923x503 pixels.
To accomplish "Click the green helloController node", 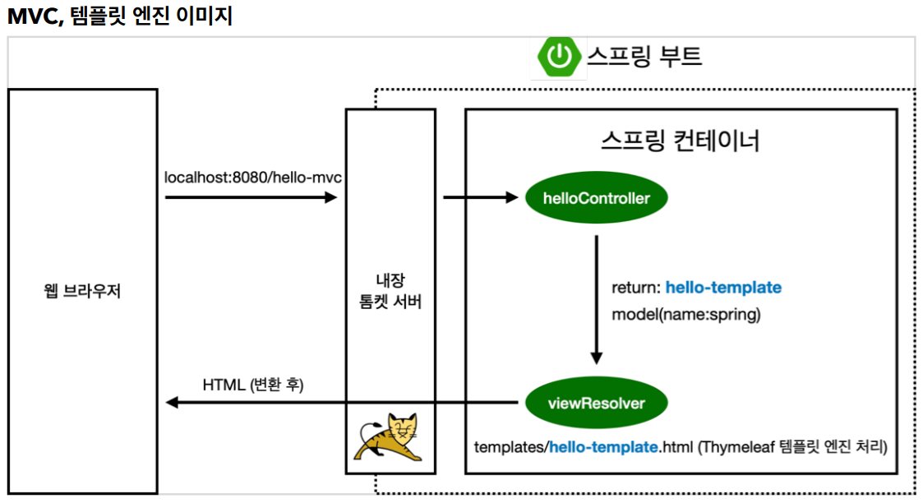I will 596,198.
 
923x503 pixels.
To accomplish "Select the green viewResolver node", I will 596,404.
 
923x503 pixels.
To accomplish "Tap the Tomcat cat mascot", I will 390,436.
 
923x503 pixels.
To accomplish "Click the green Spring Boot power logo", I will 558,56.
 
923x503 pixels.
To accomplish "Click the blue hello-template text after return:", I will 723,288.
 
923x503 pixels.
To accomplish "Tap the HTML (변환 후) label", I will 253,384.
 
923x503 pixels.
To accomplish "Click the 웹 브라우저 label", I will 82,291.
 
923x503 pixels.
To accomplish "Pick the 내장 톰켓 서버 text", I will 390,292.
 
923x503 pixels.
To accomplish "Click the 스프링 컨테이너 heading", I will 681,141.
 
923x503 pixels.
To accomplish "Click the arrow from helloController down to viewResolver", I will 597,300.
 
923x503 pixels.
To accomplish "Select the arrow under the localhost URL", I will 251,197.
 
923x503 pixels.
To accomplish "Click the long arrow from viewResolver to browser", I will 341,403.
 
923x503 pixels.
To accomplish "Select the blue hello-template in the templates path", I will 603,448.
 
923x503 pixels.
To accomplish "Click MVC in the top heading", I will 30,16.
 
